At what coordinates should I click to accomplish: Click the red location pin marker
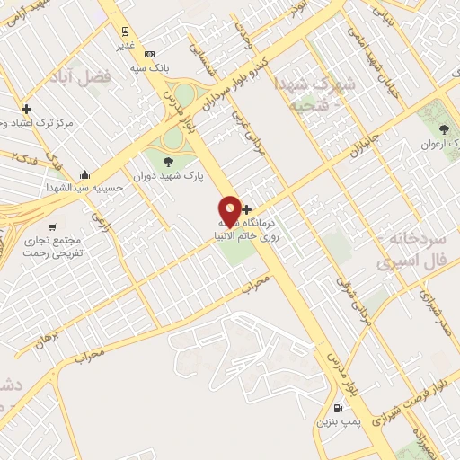(230, 210)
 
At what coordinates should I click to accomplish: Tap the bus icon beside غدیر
(125, 29)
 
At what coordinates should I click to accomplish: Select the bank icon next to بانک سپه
(149, 53)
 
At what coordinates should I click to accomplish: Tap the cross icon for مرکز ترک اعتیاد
(27, 109)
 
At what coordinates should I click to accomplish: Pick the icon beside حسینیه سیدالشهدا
(84, 174)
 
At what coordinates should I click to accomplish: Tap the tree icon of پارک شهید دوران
(169, 162)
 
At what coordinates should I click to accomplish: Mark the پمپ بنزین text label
(335, 420)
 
